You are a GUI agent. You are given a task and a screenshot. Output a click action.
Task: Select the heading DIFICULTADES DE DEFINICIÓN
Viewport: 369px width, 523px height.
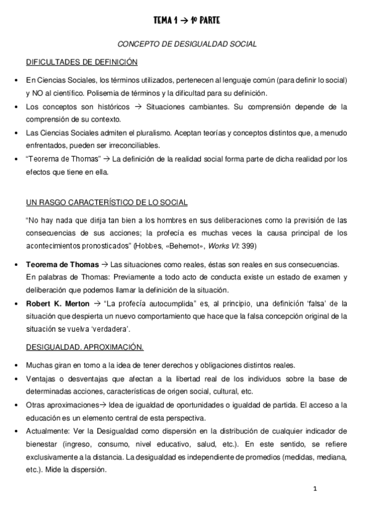click(81, 62)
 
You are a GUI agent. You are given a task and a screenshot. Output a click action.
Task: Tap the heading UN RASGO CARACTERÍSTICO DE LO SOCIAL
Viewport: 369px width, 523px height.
click(107, 203)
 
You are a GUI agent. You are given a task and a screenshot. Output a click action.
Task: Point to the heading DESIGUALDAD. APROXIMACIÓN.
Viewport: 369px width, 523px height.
click(84, 347)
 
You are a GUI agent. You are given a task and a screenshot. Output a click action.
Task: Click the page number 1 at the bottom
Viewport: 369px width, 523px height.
click(315, 489)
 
